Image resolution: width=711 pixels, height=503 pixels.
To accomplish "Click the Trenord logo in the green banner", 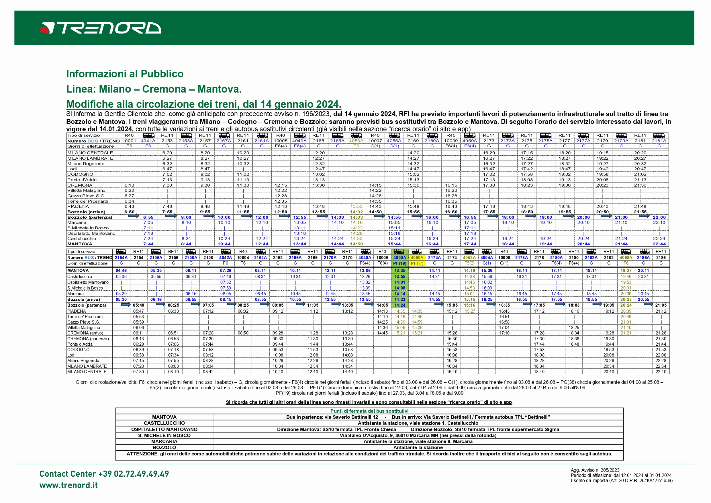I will coord(101,28).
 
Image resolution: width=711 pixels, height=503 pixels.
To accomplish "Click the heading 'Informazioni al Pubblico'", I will coord(124,74).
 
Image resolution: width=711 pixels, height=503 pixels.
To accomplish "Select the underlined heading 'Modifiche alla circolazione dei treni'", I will coord(203,104).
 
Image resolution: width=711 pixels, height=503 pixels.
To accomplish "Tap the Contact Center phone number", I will coord(104,474).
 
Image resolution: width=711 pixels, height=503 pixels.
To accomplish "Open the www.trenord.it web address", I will coord(68,485).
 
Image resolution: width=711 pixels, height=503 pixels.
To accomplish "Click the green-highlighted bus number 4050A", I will coord(399,258).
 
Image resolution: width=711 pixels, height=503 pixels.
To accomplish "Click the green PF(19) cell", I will coord(399,264).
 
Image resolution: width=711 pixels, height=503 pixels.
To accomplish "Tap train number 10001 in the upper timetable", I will coord(129,141).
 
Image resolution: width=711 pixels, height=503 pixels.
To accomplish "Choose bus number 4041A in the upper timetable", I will coord(148,141).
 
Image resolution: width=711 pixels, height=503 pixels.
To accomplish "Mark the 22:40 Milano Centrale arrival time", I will coord(661,372).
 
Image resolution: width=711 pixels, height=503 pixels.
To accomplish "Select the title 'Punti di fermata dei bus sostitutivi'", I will coord(369,411).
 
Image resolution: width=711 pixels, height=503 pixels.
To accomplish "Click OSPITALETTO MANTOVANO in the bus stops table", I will coord(164,429).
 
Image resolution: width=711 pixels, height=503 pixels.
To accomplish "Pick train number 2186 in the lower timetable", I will coord(661,258).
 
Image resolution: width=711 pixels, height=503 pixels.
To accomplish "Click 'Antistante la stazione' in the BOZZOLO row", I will coord(418,448).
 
